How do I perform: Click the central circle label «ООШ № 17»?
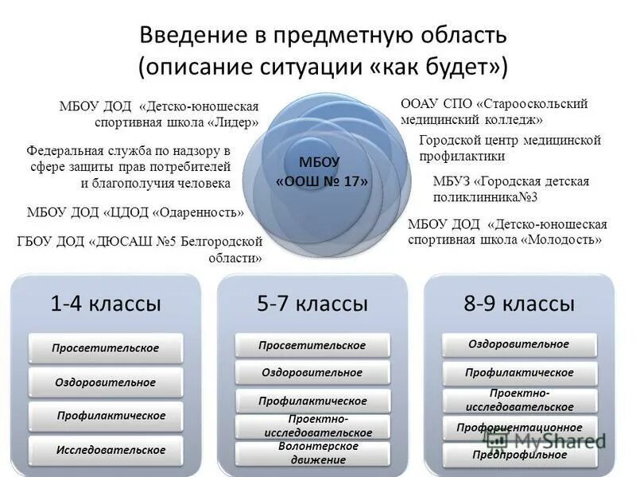point(322,181)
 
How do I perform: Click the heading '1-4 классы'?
point(106,303)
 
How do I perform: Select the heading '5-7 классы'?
point(312,303)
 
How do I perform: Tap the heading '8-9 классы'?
point(519,303)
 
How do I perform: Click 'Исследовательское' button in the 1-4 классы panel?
point(111,450)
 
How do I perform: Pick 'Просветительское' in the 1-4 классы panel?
point(105,348)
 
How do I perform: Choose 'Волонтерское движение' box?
point(312,453)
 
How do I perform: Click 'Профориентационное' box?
point(519,428)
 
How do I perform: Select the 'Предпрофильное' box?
point(519,455)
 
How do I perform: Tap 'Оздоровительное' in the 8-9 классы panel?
point(519,344)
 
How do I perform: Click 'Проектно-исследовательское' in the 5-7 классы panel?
point(312,426)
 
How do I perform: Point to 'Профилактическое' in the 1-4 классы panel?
point(111,416)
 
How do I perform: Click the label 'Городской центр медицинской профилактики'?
point(509,148)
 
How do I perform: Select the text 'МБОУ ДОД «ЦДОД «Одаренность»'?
point(136,212)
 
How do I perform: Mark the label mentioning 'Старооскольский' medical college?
point(494,111)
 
